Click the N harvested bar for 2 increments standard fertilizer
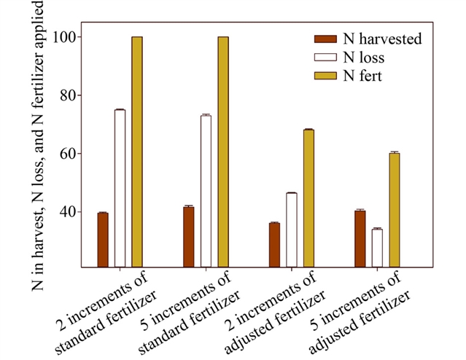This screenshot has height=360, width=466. coord(103,240)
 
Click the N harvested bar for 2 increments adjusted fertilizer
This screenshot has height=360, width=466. coord(274,245)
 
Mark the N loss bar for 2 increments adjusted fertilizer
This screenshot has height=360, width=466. coord(292,230)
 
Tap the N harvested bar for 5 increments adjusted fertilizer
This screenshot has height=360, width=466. coord(360,239)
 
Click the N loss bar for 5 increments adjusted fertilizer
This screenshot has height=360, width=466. coord(377,248)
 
